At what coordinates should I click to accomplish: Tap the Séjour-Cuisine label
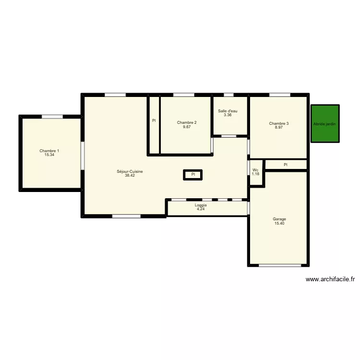[130, 172]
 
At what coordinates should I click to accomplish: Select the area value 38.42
[130, 176]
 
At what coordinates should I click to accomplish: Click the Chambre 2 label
[186, 123]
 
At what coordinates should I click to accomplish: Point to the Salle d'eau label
[228, 111]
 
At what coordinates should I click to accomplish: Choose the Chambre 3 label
[279, 123]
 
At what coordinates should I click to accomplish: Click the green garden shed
[325, 124]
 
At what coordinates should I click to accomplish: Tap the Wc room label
[255, 170]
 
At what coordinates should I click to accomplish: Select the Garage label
[279, 219]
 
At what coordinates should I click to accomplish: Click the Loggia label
[201, 205]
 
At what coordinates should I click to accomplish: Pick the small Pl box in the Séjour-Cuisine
[193, 175]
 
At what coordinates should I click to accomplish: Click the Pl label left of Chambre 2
[154, 120]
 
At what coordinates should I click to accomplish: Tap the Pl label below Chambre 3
[286, 165]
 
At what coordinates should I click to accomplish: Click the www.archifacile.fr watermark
[330, 279]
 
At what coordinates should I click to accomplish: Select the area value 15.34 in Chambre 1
[49, 155]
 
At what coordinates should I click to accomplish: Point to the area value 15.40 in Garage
[279, 223]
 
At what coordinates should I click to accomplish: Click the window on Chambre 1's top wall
[52, 117]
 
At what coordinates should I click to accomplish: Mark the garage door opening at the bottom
[278, 265]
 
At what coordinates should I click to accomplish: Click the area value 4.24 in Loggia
[201, 209]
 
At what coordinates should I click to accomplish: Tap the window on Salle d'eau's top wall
[228, 95]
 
